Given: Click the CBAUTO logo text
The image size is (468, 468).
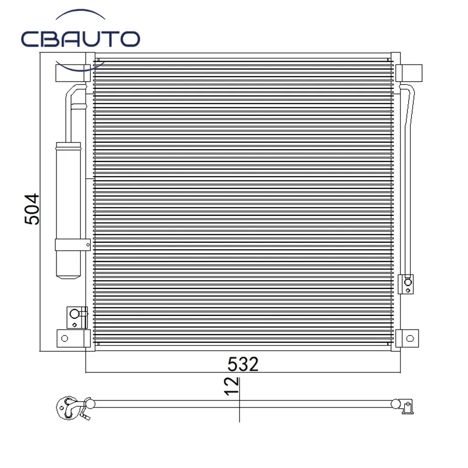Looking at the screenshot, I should [80, 39].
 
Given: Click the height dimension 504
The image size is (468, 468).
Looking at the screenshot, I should [32, 209].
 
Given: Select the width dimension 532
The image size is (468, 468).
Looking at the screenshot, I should [243, 364].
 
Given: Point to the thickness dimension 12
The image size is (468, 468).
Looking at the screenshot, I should [232, 386].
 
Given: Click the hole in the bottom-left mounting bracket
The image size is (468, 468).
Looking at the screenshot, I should [64, 338].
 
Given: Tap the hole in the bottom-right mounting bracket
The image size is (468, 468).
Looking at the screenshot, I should [409, 338].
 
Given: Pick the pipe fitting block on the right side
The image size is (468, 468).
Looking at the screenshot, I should [406, 284].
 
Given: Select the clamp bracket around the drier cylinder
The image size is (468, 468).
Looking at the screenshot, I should [72, 245].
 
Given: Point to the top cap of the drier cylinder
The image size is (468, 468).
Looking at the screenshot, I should [68, 146].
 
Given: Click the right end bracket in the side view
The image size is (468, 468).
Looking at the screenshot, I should [406, 406].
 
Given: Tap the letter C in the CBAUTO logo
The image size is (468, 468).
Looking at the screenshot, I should [31, 39].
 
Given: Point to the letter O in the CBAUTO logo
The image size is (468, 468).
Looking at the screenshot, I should [129, 39].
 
